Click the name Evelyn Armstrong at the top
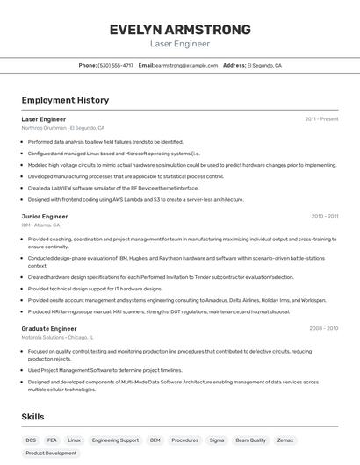[180, 29]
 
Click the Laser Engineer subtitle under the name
[180, 43]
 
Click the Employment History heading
[65, 100]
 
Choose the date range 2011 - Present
[321, 118]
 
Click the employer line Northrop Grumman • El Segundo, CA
[62, 127]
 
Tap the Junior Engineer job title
[45, 216]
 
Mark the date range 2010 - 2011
[324, 216]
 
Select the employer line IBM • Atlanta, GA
[48, 225]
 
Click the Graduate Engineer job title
[49, 328]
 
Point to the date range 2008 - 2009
[323, 328]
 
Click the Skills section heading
[32, 417]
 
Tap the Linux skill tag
[75, 440]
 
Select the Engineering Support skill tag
[115, 440]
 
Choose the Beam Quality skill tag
[251, 440]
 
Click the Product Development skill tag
[51, 454]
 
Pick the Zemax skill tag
[285, 440]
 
